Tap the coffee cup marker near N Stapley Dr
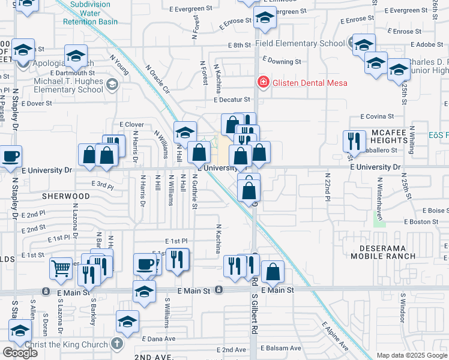coord(10,157)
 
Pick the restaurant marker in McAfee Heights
coord(354,142)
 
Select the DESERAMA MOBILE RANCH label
coord(387,252)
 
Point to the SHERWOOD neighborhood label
coord(66,196)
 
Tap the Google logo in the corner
coord(19,352)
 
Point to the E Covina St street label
coord(377,116)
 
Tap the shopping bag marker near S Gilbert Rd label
coord(273,272)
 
